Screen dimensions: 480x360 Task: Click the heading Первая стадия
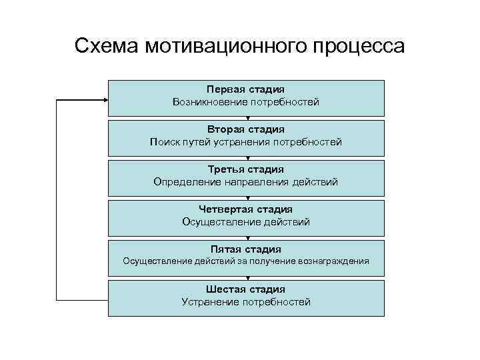coord(246,89)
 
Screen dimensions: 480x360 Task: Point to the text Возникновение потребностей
coord(246,102)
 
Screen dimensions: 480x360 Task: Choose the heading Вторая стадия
coord(246,129)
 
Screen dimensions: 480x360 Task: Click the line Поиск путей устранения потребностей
coord(246,142)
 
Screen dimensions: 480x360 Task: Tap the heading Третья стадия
coord(246,169)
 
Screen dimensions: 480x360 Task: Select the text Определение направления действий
coord(246,182)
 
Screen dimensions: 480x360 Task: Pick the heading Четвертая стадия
coord(246,209)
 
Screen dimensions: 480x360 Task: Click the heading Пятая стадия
coord(246,249)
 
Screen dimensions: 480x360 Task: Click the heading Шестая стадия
coord(246,289)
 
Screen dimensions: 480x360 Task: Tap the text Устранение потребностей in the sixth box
coord(246,302)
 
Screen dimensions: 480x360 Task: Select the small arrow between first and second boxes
coord(247,118)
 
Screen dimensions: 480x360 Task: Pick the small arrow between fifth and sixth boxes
coord(247,278)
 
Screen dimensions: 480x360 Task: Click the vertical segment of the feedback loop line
coord(56,200)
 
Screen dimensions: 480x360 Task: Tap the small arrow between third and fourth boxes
coord(247,198)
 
